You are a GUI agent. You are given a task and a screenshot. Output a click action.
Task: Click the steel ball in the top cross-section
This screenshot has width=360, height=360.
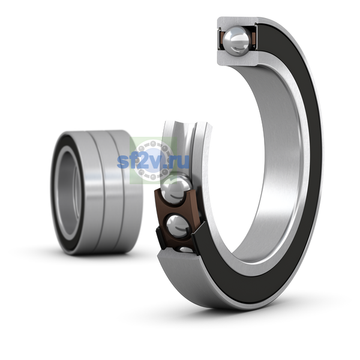point(236,41)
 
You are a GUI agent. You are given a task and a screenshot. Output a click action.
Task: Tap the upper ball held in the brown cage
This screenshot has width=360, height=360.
point(176,190)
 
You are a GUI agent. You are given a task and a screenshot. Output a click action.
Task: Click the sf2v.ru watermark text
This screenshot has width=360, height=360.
point(153,161)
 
